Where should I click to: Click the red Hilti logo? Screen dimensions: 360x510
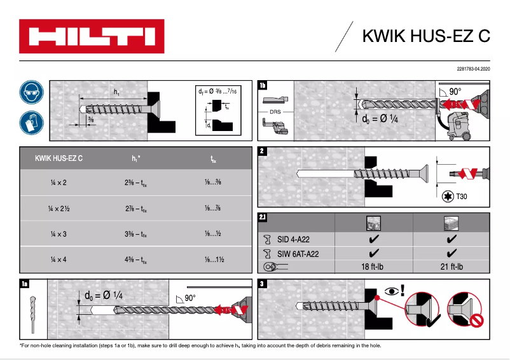[92, 36]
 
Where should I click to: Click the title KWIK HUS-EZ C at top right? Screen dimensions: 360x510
[426, 36]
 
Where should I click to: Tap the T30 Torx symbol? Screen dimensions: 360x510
[448, 197]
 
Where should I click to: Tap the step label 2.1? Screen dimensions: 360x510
[263, 218]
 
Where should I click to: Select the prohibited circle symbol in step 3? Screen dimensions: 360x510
[467, 311]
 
